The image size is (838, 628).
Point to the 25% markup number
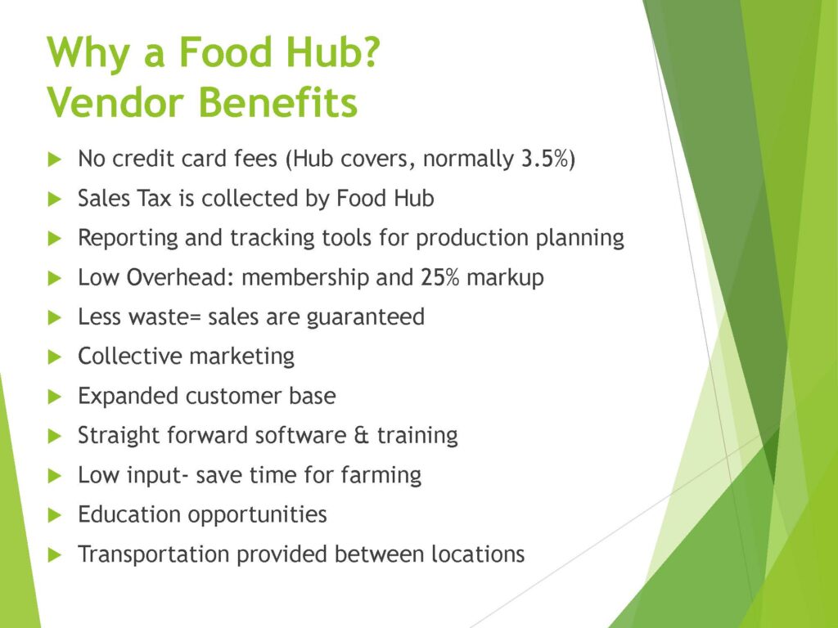(x=439, y=277)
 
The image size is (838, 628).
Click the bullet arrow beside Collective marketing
(x=55, y=357)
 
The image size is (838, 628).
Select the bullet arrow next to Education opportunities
(x=55, y=515)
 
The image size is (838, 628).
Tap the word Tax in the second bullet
(x=154, y=198)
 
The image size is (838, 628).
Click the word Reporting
(x=128, y=238)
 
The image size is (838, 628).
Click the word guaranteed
(x=366, y=317)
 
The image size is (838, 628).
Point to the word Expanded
(x=128, y=397)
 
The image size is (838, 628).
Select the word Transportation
(x=154, y=554)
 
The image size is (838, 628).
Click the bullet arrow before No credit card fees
(x=55, y=159)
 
